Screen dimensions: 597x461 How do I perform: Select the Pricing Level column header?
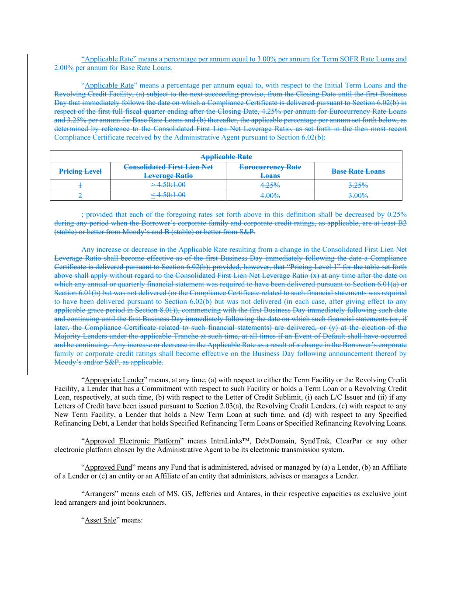(x=80, y=171)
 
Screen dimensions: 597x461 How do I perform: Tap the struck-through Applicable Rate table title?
(x=226, y=157)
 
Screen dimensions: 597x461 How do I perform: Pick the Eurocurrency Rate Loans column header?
(x=270, y=171)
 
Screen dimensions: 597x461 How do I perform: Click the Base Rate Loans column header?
(x=358, y=171)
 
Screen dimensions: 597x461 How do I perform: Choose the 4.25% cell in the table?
(x=270, y=185)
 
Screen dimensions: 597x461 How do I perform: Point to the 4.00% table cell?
(x=270, y=196)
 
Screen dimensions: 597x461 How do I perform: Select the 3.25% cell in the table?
(x=358, y=185)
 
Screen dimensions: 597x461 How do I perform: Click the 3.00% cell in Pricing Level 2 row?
(x=358, y=196)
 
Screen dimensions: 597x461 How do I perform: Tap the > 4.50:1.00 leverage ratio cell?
(x=168, y=185)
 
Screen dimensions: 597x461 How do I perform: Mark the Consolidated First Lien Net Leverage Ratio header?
(x=168, y=171)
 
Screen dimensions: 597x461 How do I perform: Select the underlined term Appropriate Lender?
(x=114, y=380)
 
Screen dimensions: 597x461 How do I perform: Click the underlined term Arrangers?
(x=100, y=494)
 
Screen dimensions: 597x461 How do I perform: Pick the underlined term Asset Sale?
(x=100, y=520)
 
